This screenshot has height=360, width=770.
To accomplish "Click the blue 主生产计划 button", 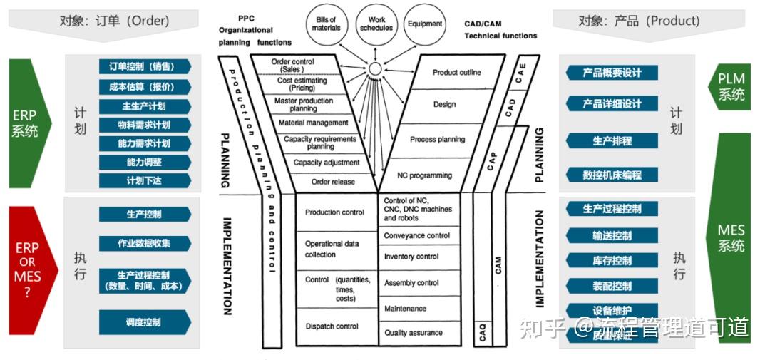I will point(145,106).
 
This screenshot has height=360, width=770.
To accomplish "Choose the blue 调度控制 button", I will point(145,322).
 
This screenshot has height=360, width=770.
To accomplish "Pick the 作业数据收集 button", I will point(145,243).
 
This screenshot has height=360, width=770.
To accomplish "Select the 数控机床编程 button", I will point(612,175).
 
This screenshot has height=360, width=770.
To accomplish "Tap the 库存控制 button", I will point(612,261).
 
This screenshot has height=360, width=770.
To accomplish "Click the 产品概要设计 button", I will point(612,73).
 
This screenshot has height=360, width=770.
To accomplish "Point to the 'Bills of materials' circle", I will point(327,24).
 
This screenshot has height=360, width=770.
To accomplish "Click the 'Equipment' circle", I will point(425,24).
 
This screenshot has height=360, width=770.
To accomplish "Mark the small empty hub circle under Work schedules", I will point(375,69).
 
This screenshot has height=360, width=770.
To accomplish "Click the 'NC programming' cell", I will point(425,175).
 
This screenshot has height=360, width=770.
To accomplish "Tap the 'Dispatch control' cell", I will point(332,326).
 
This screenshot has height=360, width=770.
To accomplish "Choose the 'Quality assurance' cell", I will point(414,333).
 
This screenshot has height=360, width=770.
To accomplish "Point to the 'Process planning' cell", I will point(437,140).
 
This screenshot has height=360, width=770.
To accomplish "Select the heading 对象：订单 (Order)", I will point(114,21).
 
